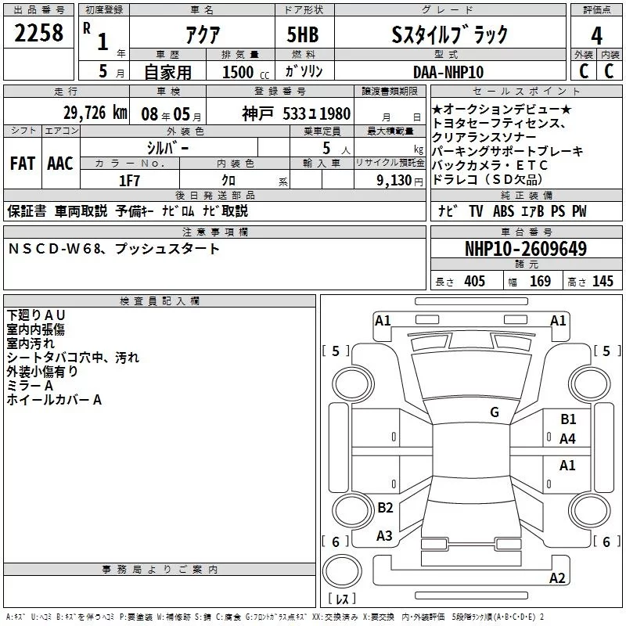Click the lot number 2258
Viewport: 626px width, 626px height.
(x=39, y=33)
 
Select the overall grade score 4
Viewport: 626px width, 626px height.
(x=596, y=35)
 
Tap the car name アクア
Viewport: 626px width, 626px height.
(x=202, y=34)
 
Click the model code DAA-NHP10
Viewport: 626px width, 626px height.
(x=448, y=71)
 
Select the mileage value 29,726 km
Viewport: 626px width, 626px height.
(x=95, y=112)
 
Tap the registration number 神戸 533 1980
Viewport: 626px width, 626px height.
(x=296, y=113)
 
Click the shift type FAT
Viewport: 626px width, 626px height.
(x=22, y=163)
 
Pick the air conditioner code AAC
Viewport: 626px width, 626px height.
(x=59, y=163)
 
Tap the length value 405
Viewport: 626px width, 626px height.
(x=473, y=281)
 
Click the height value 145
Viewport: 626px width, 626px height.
(x=603, y=281)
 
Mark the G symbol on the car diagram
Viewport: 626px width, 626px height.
(x=494, y=412)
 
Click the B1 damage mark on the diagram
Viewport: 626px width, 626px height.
(x=568, y=419)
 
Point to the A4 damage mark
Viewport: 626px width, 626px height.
(x=568, y=439)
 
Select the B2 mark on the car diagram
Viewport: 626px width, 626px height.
(x=385, y=508)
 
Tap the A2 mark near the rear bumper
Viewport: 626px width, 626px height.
(x=557, y=578)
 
